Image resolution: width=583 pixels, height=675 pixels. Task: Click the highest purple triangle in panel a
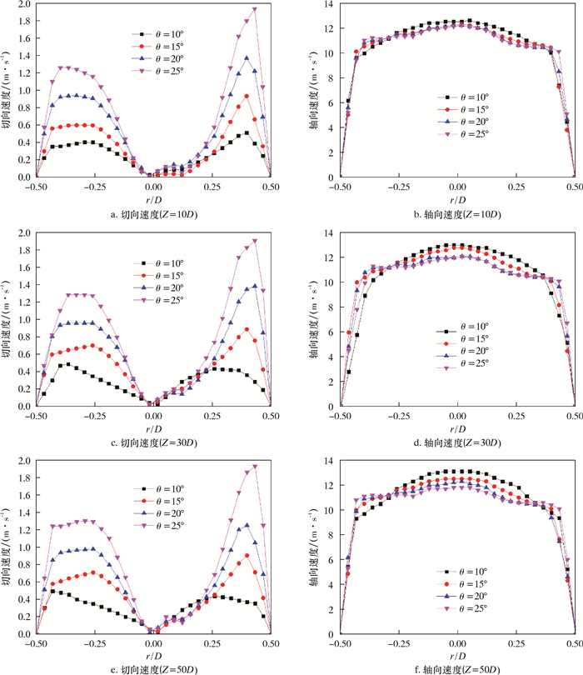[254, 10]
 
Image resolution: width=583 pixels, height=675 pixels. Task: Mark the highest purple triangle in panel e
[254, 467]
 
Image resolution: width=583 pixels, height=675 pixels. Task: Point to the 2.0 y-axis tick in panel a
[23, 4]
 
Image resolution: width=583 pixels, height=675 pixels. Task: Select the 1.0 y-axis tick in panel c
[23, 319]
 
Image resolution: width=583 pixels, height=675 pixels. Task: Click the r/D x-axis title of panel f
[457, 656]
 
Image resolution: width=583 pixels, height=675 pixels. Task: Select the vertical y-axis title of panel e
[7, 547]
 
